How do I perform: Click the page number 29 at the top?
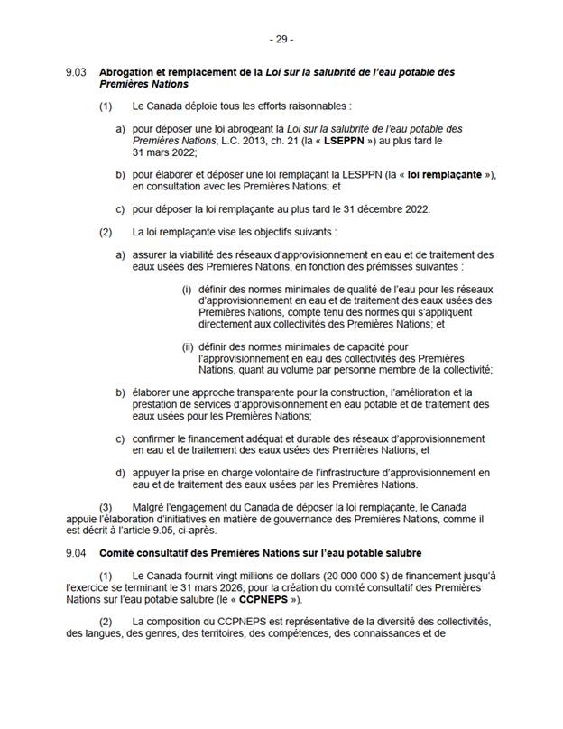pos(281,40)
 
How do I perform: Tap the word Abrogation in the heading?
pos(125,72)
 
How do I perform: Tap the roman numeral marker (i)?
pos(187,289)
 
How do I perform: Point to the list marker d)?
pos(120,472)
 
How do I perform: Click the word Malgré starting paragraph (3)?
pos(151,506)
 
